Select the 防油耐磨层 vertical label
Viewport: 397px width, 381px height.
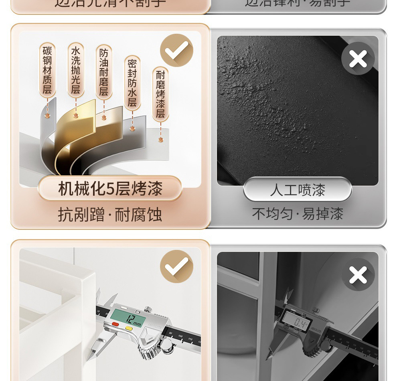pyautogui.click(x=104, y=73)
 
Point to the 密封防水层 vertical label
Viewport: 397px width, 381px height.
pyautogui.click(x=132, y=83)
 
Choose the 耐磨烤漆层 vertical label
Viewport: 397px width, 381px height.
pyautogui.click(x=160, y=94)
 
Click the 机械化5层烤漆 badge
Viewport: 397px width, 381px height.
pyautogui.click(x=110, y=188)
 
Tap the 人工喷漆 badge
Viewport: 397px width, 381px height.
pyautogui.click(x=297, y=190)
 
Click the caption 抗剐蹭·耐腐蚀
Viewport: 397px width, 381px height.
pyautogui.click(x=110, y=215)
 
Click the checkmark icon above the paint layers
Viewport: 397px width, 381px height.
pyautogui.click(x=176, y=51)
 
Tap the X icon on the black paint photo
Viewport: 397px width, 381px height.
pyautogui.click(x=358, y=59)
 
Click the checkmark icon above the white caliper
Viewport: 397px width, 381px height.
pyautogui.click(x=176, y=266)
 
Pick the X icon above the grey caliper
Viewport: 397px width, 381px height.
pyautogui.click(x=358, y=275)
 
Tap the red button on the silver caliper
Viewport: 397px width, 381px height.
pyautogui.click(x=115, y=324)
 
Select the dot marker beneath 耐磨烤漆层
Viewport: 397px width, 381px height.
pyautogui.click(x=160, y=140)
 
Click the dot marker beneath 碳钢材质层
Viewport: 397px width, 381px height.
pyautogui.click(x=47, y=116)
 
